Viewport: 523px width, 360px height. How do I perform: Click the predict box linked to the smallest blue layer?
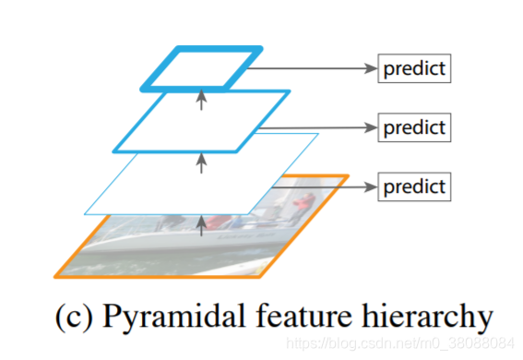coord(414,68)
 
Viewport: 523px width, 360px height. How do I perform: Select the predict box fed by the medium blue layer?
coord(414,126)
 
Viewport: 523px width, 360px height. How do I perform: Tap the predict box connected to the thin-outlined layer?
coord(414,186)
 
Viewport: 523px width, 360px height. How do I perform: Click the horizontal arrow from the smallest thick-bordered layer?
coord(313,68)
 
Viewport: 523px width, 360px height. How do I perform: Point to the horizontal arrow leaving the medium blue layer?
coord(323,126)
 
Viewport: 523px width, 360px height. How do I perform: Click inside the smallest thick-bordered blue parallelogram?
coord(201,66)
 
